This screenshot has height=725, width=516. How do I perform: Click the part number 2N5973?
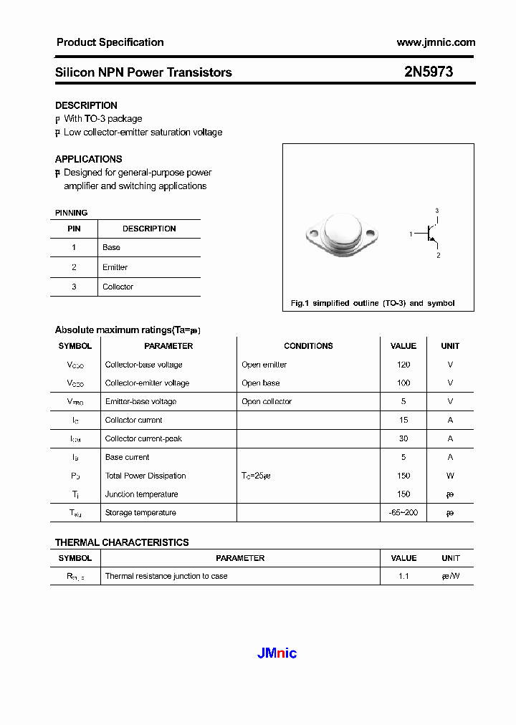coord(428,72)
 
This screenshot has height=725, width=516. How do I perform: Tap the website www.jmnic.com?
coord(436,42)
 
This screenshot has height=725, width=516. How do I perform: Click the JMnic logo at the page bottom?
coord(277,653)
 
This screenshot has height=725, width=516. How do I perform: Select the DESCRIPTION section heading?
coord(86,105)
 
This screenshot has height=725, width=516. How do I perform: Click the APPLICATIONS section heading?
coord(89,159)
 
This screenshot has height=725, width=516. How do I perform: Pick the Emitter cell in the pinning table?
coord(115,267)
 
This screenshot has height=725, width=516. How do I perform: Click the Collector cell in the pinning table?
coord(118,287)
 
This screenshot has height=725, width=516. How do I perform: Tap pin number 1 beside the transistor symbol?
coord(411,234)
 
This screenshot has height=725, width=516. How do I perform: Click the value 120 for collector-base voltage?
coord(403,365)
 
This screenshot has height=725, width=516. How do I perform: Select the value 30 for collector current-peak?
coord(403,438)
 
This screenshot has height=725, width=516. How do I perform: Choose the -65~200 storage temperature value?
coord(403,513)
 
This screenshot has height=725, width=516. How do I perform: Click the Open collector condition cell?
coord(267,401)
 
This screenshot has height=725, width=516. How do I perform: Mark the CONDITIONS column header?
coord(308,346)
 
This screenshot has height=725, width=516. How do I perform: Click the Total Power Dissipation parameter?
coord(145,476)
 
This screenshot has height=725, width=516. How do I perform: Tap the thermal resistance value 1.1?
coord(403,576)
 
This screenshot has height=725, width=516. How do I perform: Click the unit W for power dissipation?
coord(450,476)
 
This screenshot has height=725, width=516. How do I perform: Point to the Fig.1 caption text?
coord(373,303)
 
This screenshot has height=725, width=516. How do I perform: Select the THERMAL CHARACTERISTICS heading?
coord(122,542)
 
